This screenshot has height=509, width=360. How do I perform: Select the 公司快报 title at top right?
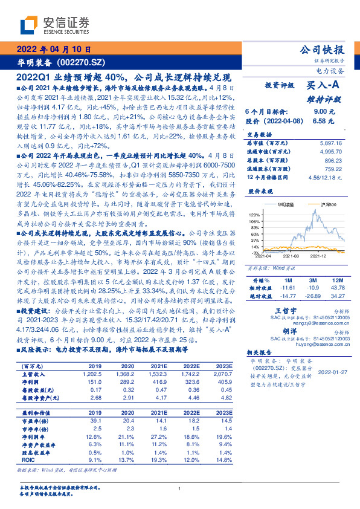point(322,50)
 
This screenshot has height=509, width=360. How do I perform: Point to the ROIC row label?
point(29,459)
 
